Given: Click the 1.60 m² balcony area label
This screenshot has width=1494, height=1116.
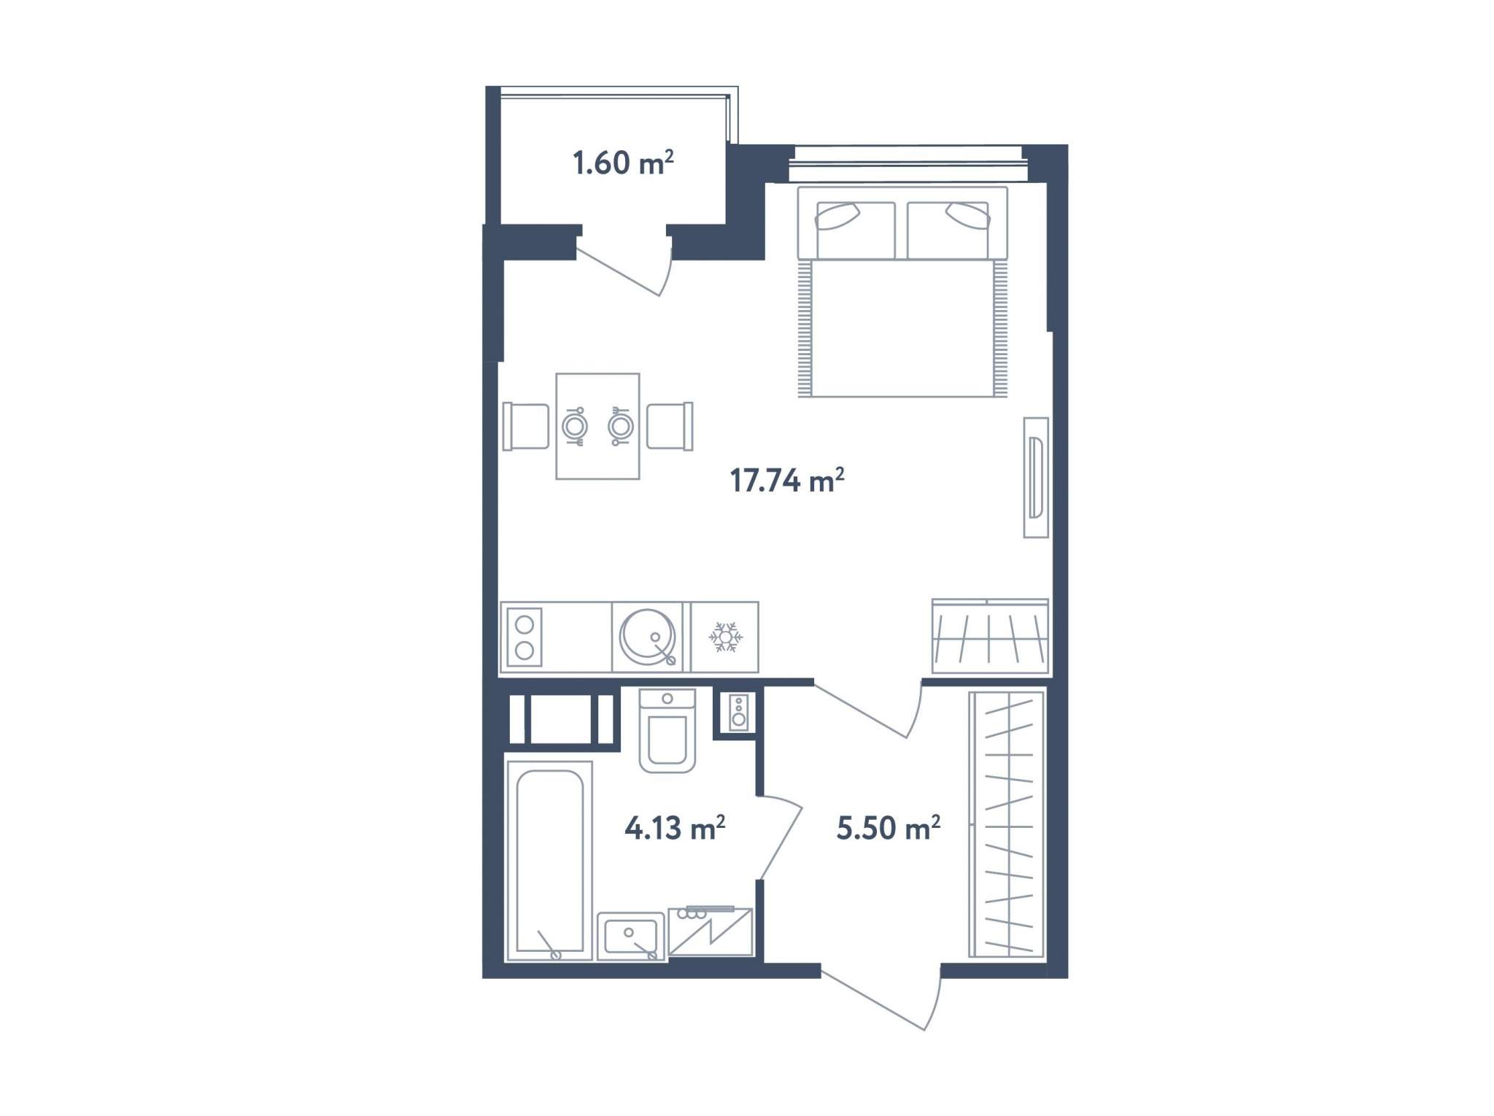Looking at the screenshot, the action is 623,162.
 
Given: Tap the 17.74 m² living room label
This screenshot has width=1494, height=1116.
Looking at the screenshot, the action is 787,480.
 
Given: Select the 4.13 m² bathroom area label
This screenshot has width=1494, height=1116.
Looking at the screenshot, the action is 675,827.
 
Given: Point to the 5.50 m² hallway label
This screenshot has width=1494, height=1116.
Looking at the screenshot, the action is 888,827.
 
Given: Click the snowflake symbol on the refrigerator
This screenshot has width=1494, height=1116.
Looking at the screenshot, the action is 725,637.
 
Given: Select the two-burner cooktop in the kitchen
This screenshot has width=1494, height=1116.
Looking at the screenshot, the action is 525,637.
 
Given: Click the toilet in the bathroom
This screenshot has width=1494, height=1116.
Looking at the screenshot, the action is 667,729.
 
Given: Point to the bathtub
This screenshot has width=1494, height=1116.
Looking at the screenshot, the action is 549,861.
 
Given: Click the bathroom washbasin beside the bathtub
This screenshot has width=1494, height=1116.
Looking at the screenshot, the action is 631,936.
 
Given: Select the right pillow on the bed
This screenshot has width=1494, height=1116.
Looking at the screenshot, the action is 967,217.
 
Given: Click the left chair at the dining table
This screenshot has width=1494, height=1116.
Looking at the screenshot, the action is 526,426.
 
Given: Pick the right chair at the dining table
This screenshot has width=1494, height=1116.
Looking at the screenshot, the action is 670,426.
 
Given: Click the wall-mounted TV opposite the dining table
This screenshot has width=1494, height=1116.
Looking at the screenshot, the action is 1036,477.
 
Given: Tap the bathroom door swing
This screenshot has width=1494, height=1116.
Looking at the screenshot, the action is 782,837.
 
